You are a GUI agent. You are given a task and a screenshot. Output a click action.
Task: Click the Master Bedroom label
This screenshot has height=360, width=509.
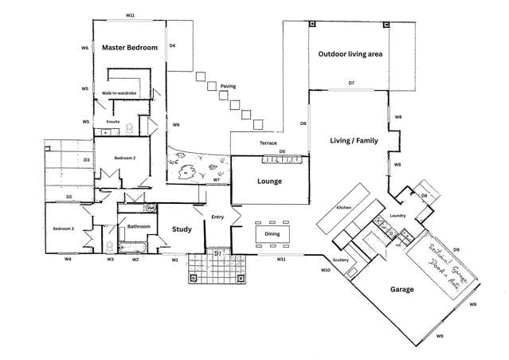point(129,49)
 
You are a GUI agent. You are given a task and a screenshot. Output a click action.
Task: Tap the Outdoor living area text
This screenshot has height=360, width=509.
point(350,54)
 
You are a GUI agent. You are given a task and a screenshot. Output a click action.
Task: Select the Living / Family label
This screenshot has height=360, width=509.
point(354,141)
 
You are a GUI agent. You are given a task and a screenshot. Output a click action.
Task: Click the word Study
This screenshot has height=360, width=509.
point(182,229)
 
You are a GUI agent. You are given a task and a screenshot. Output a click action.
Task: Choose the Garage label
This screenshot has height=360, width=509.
point(401,289)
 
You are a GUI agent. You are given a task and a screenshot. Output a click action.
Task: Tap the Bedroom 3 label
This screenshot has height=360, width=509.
point(64,229)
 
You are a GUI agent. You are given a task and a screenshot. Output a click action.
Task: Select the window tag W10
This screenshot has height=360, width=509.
point(325,271)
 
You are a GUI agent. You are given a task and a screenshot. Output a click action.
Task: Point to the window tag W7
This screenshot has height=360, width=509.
point(217,181)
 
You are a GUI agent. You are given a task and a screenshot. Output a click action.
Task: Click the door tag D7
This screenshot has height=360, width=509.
point(350,83)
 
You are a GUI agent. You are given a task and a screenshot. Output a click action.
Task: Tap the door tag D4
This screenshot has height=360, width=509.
point(172,46)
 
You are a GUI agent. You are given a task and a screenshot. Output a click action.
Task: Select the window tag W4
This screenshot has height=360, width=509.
point(68,259)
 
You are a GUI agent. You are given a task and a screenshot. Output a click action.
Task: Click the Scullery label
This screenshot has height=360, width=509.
point(342,260)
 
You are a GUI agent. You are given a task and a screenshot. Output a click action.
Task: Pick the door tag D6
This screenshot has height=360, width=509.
point(303,123)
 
